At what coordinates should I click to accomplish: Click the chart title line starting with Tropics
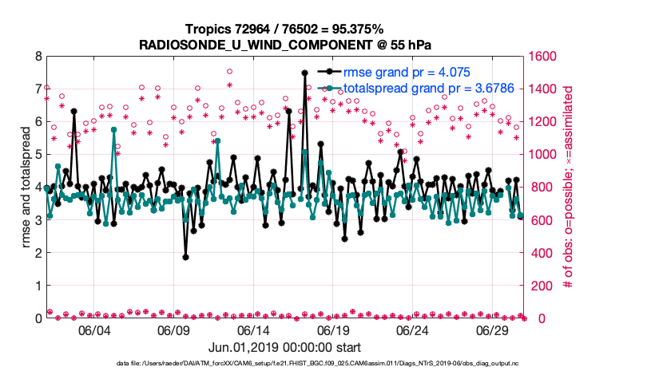coord(284,29)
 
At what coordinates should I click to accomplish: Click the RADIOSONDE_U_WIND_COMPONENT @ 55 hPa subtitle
coord(284,45)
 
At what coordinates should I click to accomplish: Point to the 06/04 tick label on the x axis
coord(94,330)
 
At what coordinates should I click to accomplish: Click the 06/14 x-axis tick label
coord(254,330)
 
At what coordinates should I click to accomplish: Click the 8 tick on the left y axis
coord(37,56)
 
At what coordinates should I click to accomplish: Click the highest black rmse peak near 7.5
coord(304,73)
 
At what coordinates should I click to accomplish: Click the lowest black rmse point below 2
coord(185,257)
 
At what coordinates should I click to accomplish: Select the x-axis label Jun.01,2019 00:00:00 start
coord(284,348)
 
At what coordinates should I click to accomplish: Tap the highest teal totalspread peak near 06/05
coord(114,129)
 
